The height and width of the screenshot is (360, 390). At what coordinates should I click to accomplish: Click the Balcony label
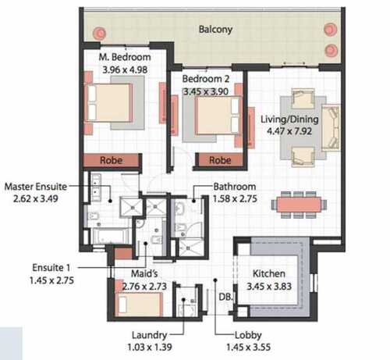[x=215, y=30]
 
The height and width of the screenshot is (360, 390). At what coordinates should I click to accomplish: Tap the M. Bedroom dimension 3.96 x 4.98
[x=125, y=70]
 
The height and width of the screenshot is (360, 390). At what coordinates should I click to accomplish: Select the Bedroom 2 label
[x=206, y=79]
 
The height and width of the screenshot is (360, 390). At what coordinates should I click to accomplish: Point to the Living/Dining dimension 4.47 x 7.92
[x=289, y=131]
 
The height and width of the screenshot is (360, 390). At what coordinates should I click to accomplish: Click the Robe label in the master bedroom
[x=111, y=160]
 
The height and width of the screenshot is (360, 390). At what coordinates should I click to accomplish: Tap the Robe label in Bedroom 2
[x=220, y=160]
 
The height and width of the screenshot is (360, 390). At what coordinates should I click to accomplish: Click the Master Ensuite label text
[x=36, y=187]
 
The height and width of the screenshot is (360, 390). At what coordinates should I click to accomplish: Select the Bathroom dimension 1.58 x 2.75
[x=235, y=198]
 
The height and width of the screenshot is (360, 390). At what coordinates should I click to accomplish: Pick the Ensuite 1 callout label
[x=51, y=268]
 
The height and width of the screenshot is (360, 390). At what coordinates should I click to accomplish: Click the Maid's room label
[x=144, y=273]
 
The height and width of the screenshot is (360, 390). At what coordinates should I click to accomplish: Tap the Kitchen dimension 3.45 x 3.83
[x=269, y=287]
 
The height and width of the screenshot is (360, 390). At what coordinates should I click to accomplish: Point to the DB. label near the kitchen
[x=225, y=297]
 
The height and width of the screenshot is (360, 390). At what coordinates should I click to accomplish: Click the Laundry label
[x=150, y=335]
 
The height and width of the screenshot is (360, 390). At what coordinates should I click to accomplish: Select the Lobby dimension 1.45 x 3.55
[x=248, y=347]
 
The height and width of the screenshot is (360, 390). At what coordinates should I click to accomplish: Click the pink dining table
[x=299, y=205]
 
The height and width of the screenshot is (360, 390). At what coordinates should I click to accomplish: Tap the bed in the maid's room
[x=140, y=304]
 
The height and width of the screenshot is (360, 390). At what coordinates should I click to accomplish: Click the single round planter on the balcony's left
[x=99, y=33]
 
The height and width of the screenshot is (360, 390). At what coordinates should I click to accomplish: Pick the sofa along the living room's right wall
[x=331, y=127]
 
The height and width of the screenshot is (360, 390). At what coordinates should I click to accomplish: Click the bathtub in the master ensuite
[x=111, y=237]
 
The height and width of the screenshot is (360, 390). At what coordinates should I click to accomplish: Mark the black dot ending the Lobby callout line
[x=215, y=280]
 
